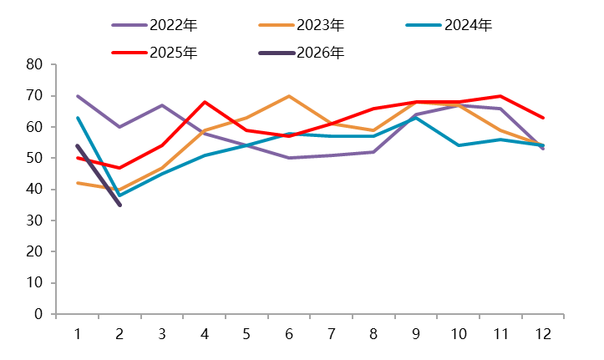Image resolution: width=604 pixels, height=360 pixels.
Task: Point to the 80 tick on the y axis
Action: (34, 64)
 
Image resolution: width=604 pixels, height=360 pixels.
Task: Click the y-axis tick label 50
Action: (34, 158)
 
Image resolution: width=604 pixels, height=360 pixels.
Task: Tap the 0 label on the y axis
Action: (38, 314)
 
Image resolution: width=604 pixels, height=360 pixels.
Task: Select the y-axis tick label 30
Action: (34, 221)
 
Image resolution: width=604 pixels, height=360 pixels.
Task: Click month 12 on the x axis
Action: (543, 333)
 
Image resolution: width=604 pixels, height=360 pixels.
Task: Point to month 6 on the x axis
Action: (289, 333)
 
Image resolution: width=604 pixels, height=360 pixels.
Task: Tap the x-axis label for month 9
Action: (416, 333)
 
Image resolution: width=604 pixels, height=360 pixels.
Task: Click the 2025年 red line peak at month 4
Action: (205, 102)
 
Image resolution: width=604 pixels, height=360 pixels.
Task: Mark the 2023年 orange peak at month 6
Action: (289, 96)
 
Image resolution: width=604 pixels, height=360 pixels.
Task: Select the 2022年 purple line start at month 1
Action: (77, 96)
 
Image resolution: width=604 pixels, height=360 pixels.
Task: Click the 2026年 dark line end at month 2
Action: (119, 205)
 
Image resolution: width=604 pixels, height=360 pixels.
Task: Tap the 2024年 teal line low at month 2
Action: (119, 195)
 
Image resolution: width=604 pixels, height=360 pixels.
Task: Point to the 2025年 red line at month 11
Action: (500, 96)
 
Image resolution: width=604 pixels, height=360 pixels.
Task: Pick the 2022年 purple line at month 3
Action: (162, 105)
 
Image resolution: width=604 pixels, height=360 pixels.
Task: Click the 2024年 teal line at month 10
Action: (459, 145)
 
